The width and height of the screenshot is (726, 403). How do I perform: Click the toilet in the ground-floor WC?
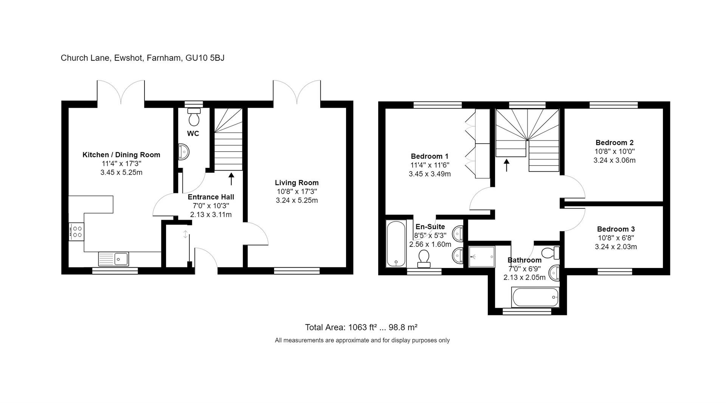(194, 117)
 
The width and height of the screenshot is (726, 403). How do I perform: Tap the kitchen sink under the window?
(113, 259)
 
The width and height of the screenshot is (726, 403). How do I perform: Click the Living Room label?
(296, 183)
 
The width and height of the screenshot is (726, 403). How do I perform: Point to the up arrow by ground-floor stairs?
(231, 179)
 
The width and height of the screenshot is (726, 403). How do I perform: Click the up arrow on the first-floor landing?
(507, 165)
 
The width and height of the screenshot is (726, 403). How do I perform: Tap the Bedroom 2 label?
(614, 143)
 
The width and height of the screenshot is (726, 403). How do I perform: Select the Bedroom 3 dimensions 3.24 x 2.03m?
(616, 247)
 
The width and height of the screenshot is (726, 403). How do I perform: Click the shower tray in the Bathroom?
(481, 257)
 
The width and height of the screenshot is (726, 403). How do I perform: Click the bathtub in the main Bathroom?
(535, 297)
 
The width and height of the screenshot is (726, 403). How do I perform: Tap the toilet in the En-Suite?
(423, 259)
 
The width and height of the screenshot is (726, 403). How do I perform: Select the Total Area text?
(361, 327)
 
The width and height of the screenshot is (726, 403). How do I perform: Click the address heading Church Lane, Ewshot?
(143, 58)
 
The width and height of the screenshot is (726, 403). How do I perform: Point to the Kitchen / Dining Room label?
(121, 155)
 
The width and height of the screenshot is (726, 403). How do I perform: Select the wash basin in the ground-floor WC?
(183, 152)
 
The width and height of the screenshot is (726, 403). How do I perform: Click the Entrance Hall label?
(211, 197)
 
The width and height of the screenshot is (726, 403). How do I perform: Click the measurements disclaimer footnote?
(362, 340)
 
